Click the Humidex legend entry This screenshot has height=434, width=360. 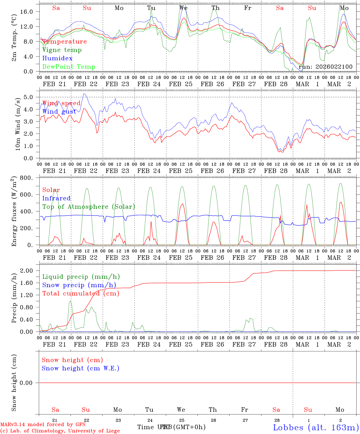tap(57, 58)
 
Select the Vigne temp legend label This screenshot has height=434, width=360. tap(62, 50)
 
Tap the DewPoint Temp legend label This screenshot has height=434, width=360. tap(69, 67)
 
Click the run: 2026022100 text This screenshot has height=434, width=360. tap(325, 67)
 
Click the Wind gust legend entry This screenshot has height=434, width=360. tap(59, 112)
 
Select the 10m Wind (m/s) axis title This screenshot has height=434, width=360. tap(17, 124)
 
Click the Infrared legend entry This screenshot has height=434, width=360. tap(56, 198)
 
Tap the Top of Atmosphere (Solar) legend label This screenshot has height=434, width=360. tap(88, 207)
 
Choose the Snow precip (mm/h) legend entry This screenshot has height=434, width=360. tap(79, 285)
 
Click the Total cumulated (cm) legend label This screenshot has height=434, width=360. tap(81, 294)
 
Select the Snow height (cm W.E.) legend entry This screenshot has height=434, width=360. tap(80, 368)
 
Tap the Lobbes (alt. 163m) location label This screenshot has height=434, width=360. tap(316, 427)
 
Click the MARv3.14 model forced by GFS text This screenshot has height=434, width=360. tap(43, 425)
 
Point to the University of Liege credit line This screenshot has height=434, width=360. tap(60, 431)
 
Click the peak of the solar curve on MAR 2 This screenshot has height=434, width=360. tap(341, 202)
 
